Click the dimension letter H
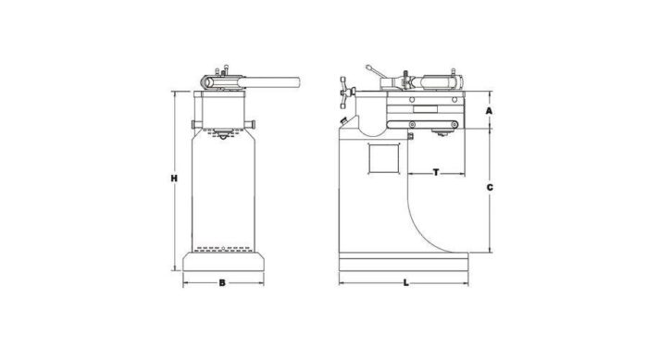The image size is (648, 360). [173, 178]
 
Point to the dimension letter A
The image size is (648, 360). [488, 109]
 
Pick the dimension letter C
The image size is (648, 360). [489, 187]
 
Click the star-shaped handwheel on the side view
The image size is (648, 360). [346, 91]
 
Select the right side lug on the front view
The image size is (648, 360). [252, 124]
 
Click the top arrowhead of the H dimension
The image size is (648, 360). [173, 93]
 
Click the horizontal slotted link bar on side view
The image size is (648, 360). [420, 124]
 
